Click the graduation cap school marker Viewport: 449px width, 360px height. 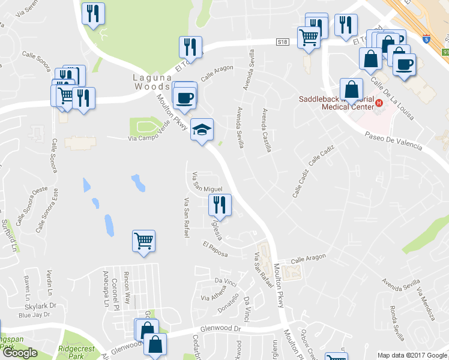pyautogui.click(x=202, y=129)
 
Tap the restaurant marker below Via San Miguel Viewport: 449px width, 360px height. pyautogui.click(x=220, y=205)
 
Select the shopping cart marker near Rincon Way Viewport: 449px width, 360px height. pyautogui.click(x=143, y=241)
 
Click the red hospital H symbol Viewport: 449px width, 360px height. pyautogui.click(x=379, y=103)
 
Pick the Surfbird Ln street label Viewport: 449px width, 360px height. pyautogui.click(x=8, y=236)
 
